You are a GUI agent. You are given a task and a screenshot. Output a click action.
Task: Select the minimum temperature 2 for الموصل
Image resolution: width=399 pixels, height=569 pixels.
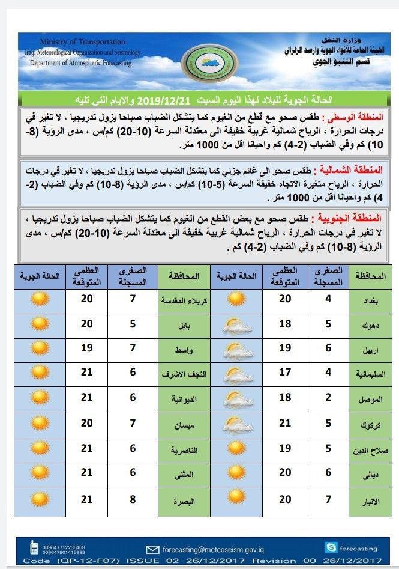[x=328, y=397]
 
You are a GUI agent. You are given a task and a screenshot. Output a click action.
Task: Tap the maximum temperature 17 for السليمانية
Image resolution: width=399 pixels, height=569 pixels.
[x=285, y=372]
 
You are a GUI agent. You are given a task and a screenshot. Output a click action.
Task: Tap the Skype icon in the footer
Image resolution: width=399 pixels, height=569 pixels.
[x=331, y=547]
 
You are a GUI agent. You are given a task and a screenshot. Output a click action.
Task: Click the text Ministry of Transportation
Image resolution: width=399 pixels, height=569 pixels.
[x=82, y=42]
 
